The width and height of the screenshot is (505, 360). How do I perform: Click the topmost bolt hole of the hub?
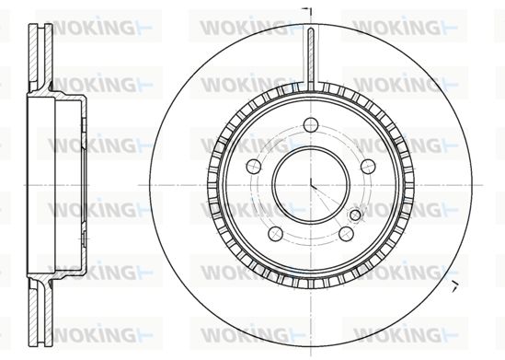[x=311, y=124]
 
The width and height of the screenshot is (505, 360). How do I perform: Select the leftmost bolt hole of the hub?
[x=254, y=167]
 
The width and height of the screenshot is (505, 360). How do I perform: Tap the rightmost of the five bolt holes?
[x=368, y=167]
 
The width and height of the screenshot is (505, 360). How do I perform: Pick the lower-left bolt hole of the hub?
[x=275, y=234]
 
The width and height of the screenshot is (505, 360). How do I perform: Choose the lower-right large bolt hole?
[x=346, y=234]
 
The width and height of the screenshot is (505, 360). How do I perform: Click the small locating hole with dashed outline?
[x=355, y=215]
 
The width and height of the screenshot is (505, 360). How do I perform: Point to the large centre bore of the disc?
[x=311, y=185]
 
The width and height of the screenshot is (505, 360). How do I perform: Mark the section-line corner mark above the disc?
[x=308, y=11]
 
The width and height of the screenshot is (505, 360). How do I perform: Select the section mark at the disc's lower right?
[x=454, y=285]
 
